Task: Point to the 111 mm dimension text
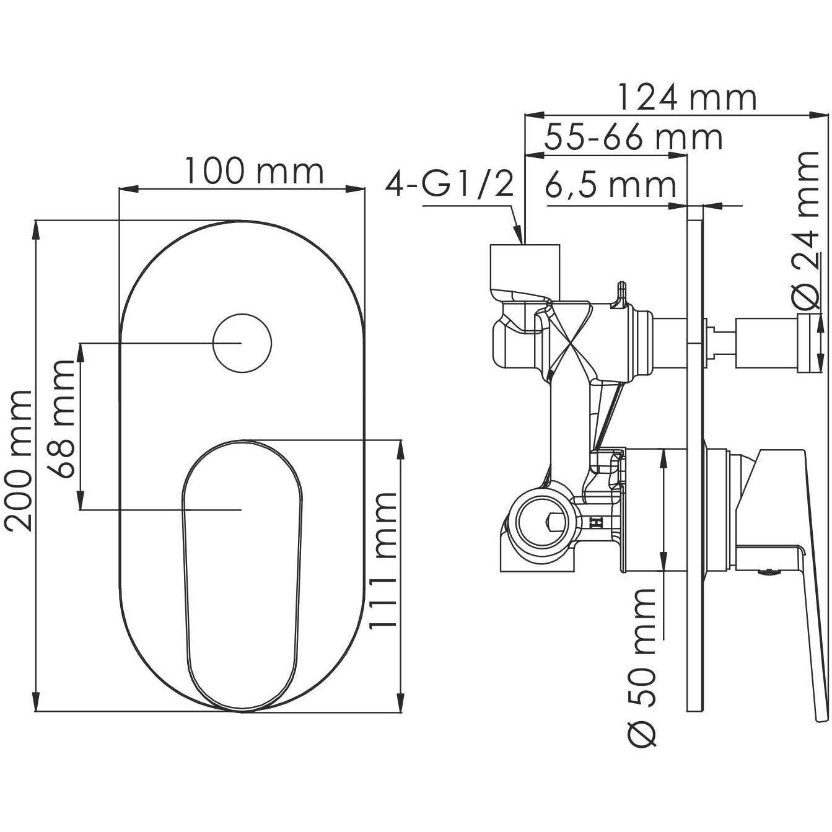(x=382, y=561)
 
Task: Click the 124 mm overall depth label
(x=687, y=97)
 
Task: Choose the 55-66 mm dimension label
(x=633, y=138)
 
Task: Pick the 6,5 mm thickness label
(x=610, y=185)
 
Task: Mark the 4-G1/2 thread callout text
(x=450, y=185)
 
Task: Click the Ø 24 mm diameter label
(x=808, y=229)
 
